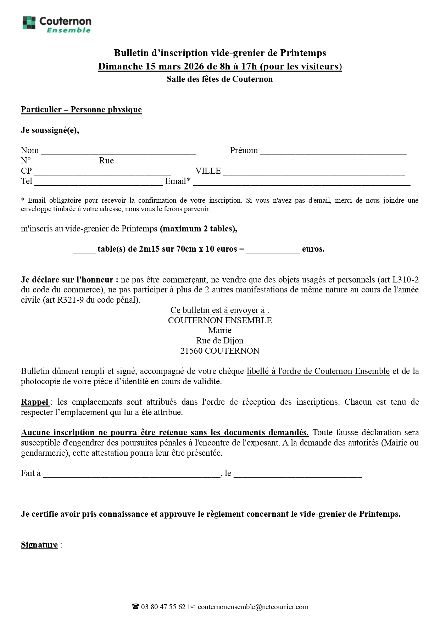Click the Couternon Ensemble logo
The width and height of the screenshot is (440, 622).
click(x=57, y=24)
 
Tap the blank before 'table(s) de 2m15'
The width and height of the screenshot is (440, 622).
click(x=84, y=250)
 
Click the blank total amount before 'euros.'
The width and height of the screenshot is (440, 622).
click(x=273, y=250)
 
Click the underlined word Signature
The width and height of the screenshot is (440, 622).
click(x=39, y=545)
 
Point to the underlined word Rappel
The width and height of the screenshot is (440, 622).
click(x=35, y=402)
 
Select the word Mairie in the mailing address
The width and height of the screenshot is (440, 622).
click(x=220, y=330)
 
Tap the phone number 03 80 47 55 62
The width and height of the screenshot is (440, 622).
click(x=163, y=607)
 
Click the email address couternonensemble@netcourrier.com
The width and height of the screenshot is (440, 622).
click(x=253, y=607)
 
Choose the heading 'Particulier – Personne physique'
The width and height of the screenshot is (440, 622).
click(x=81, y=110)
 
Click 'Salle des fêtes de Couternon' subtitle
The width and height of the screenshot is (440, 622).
click(x=220, y=79)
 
